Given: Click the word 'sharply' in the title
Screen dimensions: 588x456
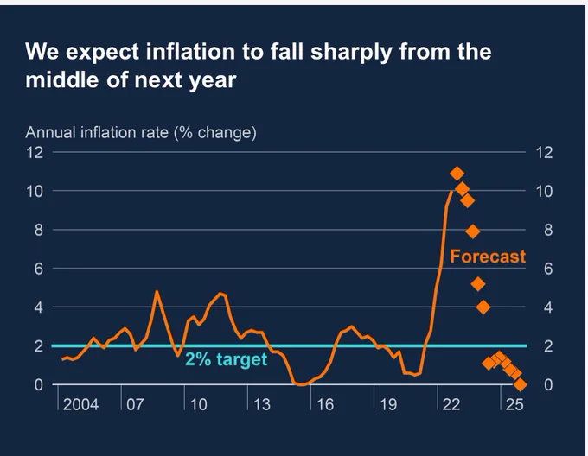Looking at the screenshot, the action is pos(351,52).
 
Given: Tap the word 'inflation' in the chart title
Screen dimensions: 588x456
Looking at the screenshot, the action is pos(190,51).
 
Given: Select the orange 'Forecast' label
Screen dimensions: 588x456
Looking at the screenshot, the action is pos(488,256).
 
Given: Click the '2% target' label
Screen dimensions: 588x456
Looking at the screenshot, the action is pos(227,359).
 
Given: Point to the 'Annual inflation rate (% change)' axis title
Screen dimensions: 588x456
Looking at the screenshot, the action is pos(141,133).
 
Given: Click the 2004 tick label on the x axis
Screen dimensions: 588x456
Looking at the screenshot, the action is pos(80,405).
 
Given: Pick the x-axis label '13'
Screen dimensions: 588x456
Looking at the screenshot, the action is pos(262,405).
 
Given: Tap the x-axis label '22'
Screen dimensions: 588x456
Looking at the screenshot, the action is pos(451,405).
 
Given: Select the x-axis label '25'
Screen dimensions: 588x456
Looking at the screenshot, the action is pos(514,405).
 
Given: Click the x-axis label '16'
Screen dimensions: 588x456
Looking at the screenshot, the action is pos(325,405).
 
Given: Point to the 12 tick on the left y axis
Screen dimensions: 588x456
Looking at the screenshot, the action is pos(35,153).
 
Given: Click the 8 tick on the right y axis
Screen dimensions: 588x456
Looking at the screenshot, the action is pos(548,230).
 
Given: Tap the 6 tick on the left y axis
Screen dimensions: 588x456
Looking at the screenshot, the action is pos(39,269).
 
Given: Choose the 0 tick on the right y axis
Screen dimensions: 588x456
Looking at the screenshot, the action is pos(548,385).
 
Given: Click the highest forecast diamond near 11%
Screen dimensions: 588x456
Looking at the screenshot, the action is pos(457,174).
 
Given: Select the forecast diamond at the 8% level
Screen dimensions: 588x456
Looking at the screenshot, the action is pos(473,231).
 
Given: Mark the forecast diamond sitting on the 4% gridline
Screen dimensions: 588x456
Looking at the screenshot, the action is pos(483,307).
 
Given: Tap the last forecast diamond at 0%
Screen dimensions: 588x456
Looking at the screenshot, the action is pos(521,384).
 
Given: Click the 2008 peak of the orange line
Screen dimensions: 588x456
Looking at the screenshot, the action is pos(157,291).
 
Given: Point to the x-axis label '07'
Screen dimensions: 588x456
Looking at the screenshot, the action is pos(135,405).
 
